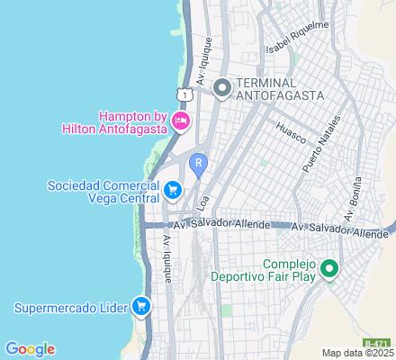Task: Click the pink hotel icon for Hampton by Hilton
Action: coord(182,121)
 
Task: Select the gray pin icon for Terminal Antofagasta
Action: coord(221,87)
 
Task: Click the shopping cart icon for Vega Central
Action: coord(173,190)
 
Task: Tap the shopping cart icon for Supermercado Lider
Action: coord(140,308)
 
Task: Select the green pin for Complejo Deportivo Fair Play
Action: coord(329,268)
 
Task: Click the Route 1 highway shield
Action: coord(184,94)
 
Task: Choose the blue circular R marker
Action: coord(200,163)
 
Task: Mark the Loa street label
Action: coord(202,199)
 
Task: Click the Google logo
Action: coord(30,348)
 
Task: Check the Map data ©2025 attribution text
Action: coord(358,353)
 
